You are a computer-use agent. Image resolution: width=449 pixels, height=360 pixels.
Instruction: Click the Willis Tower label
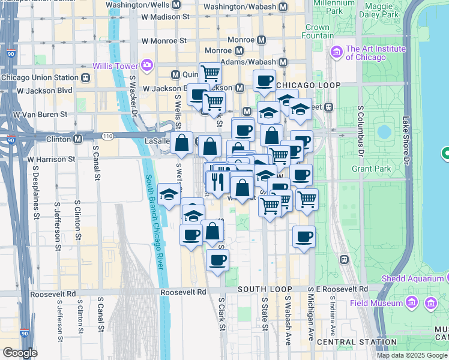(115, 65)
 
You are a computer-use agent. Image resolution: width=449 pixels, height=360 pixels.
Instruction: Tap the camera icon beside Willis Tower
(147, 65)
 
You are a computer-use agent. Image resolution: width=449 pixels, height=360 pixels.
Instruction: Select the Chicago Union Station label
(40, 77)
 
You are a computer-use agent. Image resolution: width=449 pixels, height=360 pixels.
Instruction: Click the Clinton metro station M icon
(78, 139)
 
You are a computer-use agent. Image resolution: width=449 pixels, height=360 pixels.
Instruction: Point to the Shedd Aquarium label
(412, 279)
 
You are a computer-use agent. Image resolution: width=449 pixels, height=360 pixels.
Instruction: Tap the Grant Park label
(371, 169)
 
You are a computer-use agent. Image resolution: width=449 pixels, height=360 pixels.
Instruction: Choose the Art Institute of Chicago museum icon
(335, 53)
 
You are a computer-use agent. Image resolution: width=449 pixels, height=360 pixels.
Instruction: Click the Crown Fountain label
(317, 31)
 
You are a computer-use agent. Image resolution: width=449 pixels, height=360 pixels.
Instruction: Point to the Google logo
(20, 353)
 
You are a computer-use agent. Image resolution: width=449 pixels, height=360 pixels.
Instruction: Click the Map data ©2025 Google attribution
(412, 355)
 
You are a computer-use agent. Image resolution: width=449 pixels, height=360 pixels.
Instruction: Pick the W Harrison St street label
(51, 160)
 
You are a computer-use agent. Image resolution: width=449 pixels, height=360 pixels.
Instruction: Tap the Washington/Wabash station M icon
(283, 7)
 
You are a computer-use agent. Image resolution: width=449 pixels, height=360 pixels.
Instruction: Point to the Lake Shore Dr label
(406, 141)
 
